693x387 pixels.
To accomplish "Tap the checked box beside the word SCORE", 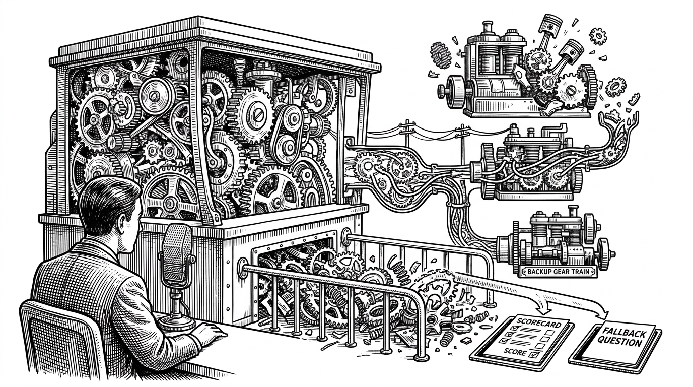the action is click(535, 354).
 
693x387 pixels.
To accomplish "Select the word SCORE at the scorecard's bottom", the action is click(515, 352).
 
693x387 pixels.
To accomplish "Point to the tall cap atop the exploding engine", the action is click(488, 28).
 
